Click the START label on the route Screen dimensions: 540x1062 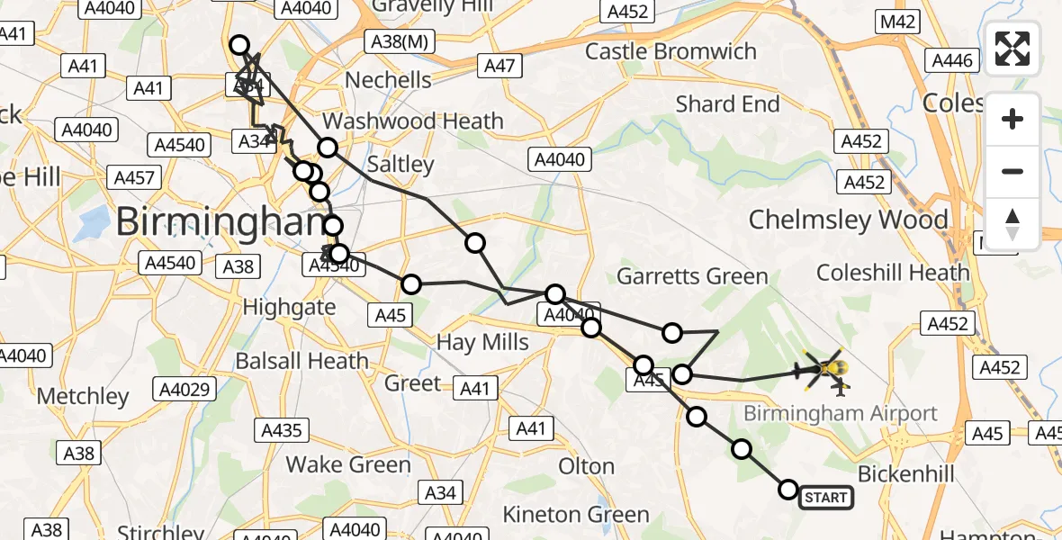[x=825, y=498]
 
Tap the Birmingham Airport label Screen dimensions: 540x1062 [x=840, y=414]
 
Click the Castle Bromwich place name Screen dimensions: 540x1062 [x=670, y=51]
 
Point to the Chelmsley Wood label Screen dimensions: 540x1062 [x=848, y=220]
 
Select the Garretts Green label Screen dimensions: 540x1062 [x=692, y=276]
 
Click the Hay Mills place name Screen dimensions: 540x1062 [x=482, y=342]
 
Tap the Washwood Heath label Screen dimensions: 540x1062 [x=413, y=121]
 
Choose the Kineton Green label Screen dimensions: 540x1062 [x=576, y=515]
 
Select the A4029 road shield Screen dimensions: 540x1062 [x=184, y=389]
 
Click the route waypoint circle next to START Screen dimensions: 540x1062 [x=787, y=490]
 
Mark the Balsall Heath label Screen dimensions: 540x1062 [x=301, y=362]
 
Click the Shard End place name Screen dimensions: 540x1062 [x=727, y=104]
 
